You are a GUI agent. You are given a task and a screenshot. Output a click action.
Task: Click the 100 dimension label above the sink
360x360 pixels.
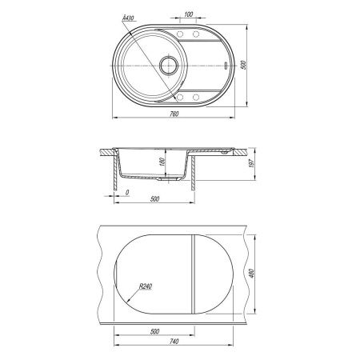point(189,14)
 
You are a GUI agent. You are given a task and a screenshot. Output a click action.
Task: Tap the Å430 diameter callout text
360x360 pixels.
point(128,18)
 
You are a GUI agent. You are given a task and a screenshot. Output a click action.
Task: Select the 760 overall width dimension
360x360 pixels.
point(174,114)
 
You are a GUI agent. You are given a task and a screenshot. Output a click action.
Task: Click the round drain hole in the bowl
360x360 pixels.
point(169,66)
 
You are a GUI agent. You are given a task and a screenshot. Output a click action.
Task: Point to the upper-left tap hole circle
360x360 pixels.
point(180,34)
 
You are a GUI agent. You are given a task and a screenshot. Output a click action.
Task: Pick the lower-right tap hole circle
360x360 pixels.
point(196,97)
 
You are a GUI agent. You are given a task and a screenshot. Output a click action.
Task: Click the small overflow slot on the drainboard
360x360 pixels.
point(226,66)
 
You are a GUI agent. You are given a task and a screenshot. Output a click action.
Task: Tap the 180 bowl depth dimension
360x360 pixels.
point(162,162)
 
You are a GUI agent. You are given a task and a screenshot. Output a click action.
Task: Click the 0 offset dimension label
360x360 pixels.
point(127,192)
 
